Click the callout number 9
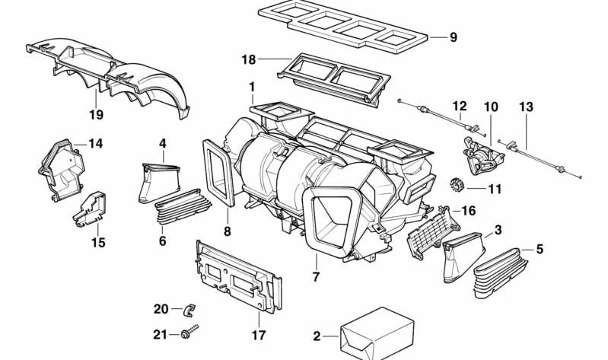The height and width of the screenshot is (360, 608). [x=454, y=37]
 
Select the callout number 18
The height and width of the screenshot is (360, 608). [x=248, y=59]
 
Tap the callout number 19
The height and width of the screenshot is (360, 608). [x=97, y=116]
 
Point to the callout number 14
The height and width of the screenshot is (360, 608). [x=95, y=143]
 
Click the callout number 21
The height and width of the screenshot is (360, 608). [x=160, y=333]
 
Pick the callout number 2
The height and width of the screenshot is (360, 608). [x=317, y=336]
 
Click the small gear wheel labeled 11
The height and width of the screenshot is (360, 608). [x=458, y=183]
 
